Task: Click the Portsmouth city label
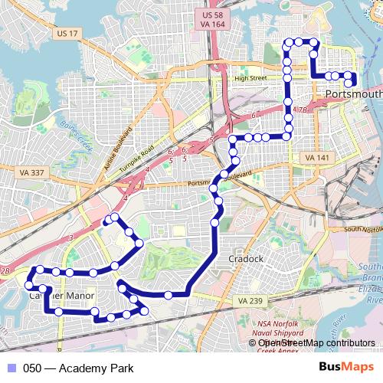(352, 93)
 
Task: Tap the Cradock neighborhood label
(246, 259)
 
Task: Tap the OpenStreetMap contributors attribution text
(314, 342)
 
